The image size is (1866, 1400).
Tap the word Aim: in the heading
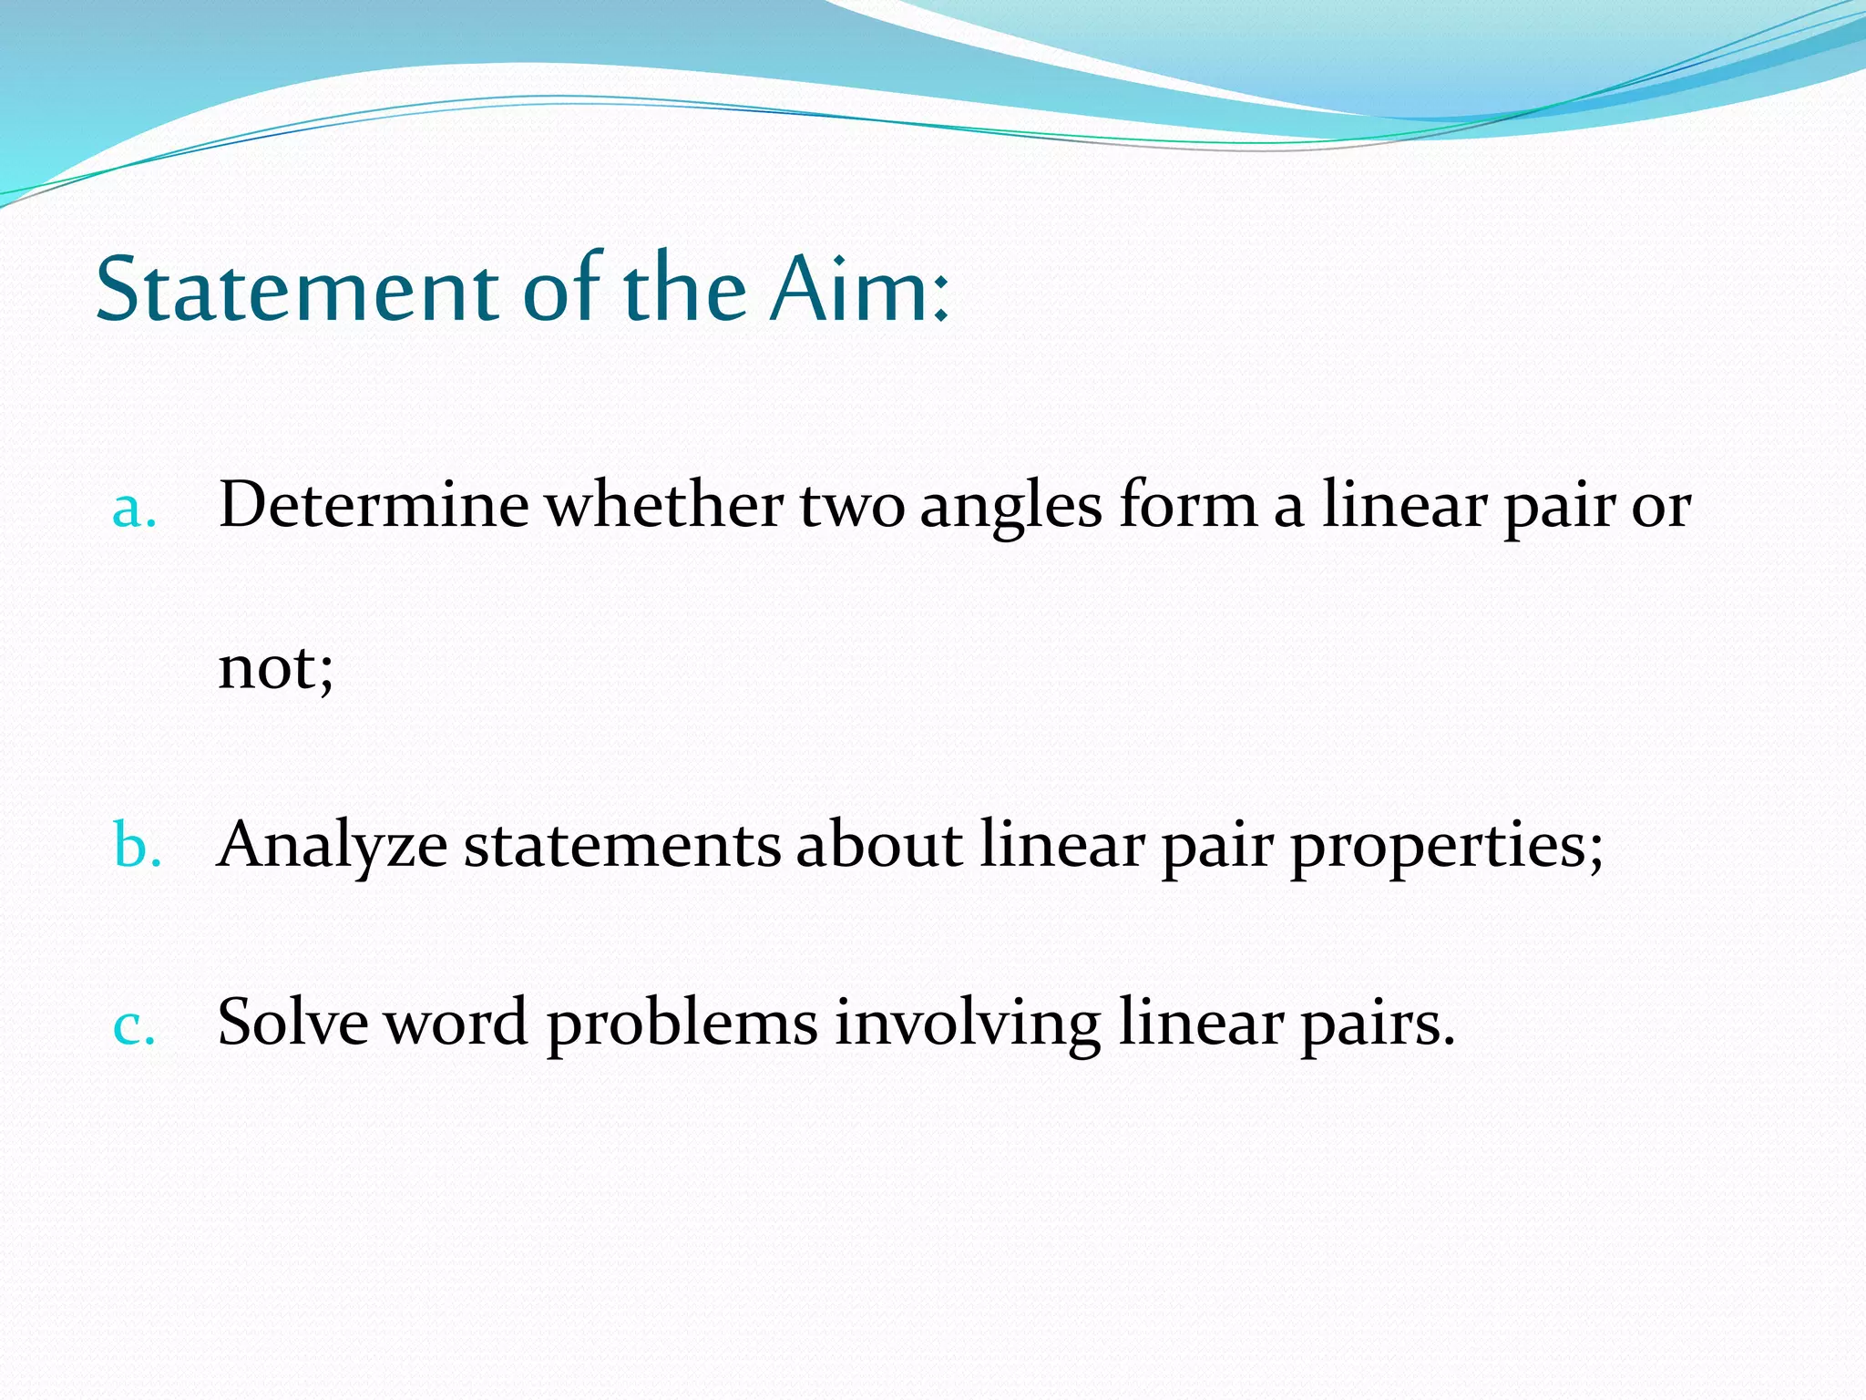coord(858,290)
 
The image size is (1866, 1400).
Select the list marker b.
coord(137,846)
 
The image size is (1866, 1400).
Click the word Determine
coord(374,505)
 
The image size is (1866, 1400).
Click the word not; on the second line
coord(276,667)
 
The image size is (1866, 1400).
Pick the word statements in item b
coord(621,846)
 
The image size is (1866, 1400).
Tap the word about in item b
coord(878,844)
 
